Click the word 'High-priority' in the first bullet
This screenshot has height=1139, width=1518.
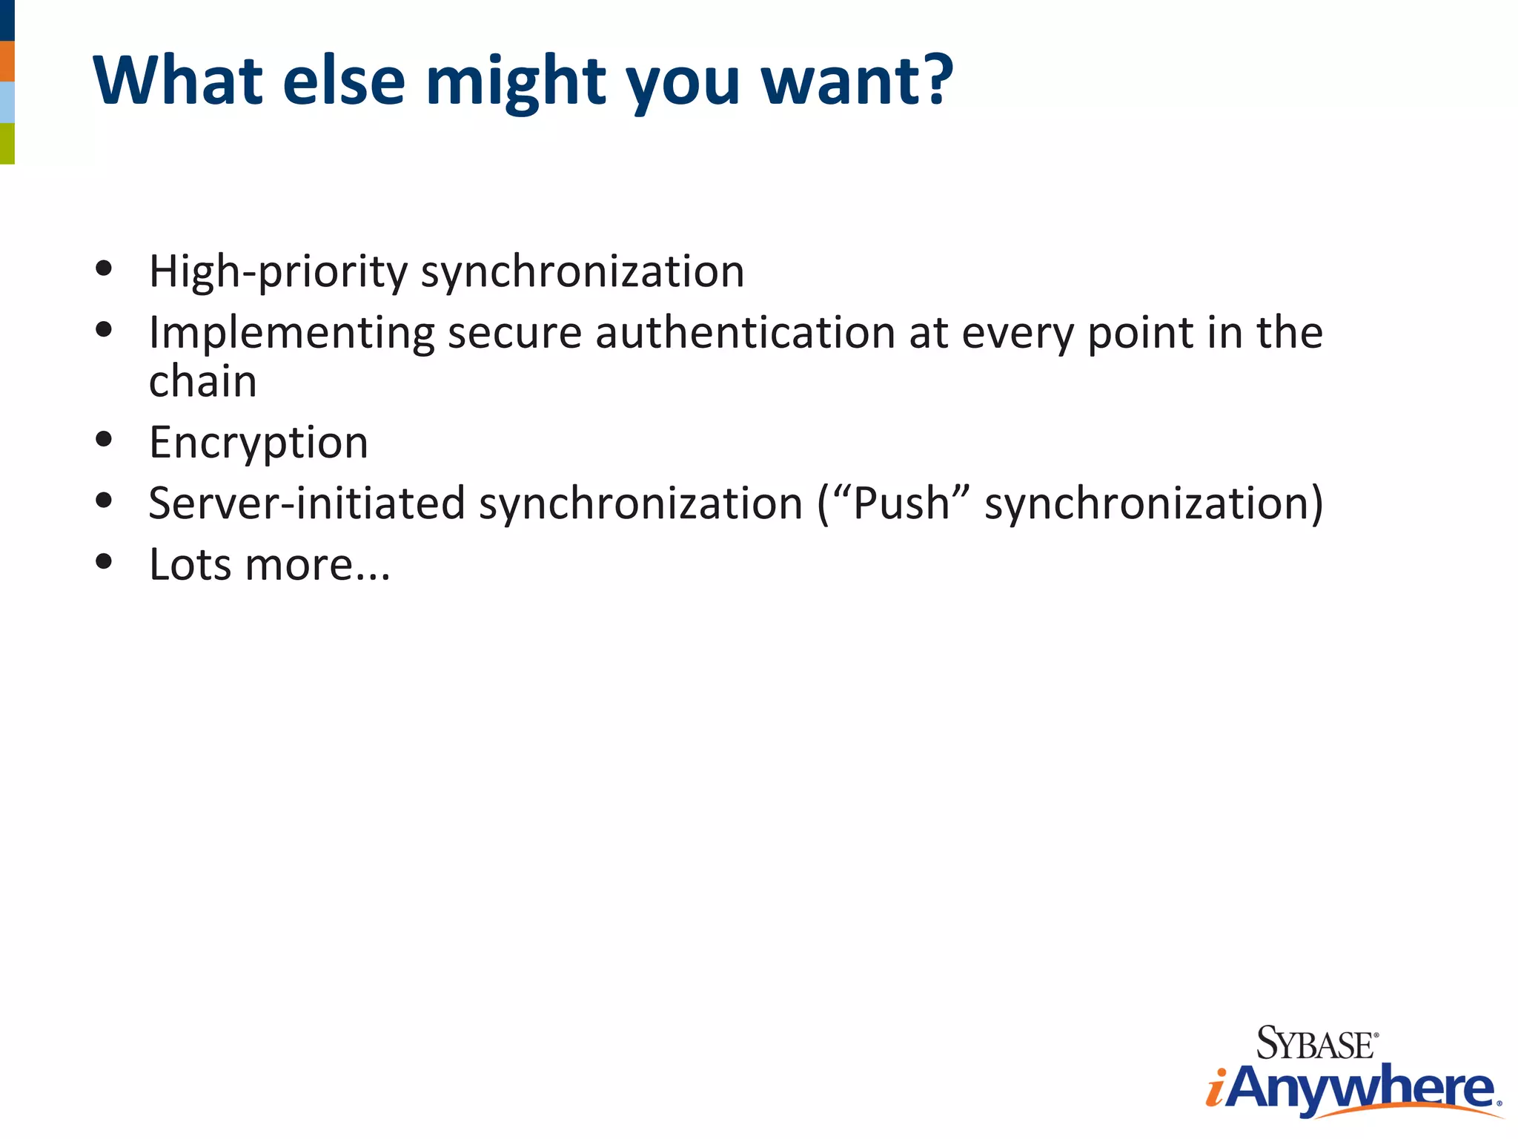click(278, 272)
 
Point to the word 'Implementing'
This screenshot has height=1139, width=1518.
click(291, 334)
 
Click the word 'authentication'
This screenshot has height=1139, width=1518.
click(745, 332)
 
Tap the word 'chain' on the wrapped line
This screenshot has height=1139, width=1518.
click(202, 382)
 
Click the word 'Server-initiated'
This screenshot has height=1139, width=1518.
click(306, 504)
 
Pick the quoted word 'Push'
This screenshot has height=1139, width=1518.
click(901, 504)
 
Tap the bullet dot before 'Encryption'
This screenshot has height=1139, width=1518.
click(104, 440)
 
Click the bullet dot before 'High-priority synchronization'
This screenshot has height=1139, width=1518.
click(104, 268)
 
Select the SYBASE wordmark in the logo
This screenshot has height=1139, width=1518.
click(1316, 1044)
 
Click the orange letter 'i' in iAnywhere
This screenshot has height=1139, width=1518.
click(1216, 1090)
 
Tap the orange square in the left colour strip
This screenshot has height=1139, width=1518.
click(7, 62)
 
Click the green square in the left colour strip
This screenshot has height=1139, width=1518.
click(7, 143)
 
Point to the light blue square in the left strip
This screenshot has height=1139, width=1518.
click(7, 102)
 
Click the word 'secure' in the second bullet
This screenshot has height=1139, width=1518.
click(514, 333)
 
